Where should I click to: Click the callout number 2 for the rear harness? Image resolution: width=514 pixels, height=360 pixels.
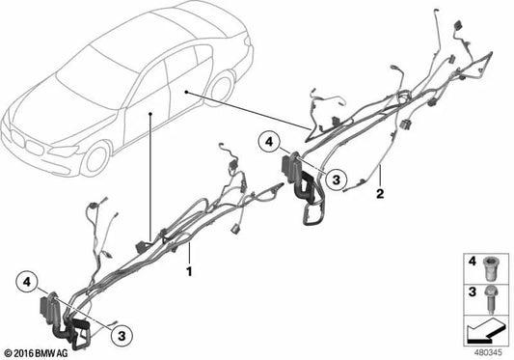382,194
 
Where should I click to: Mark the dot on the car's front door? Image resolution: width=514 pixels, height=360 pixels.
151,114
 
